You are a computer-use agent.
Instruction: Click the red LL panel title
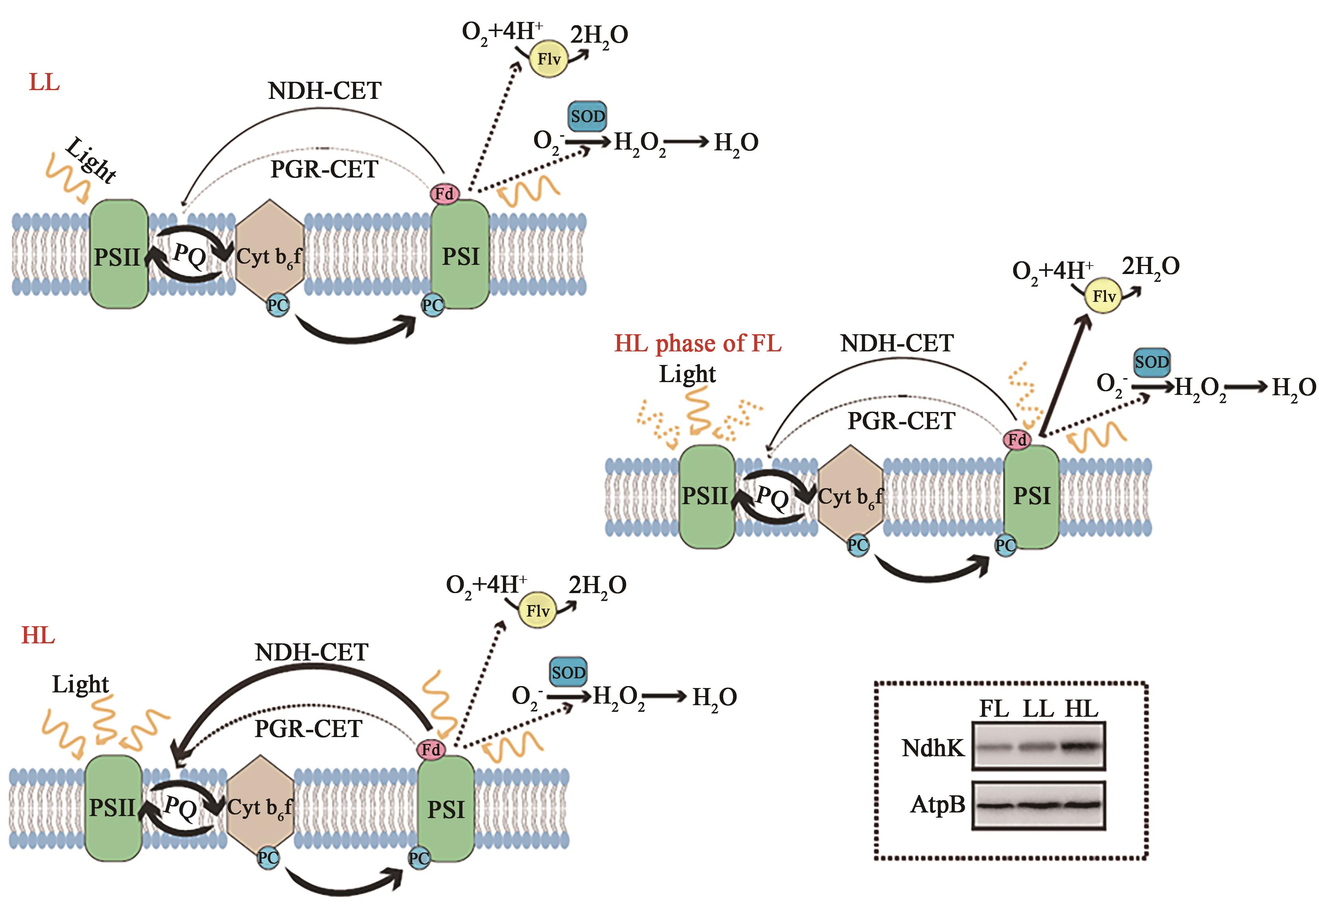tap(44, 83)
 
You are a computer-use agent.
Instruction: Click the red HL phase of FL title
tap(698, 343)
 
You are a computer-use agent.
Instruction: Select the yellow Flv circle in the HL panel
tap(538, 611)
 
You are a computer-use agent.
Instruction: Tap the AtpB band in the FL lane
tap(994, 805)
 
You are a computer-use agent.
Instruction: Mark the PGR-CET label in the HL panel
tap(308, 728)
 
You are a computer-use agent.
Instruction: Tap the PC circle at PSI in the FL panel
tap(1005, 545)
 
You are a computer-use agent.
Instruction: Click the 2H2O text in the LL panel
tap(599, 35)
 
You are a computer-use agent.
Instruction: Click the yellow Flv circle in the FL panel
tap(1104, 296)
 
